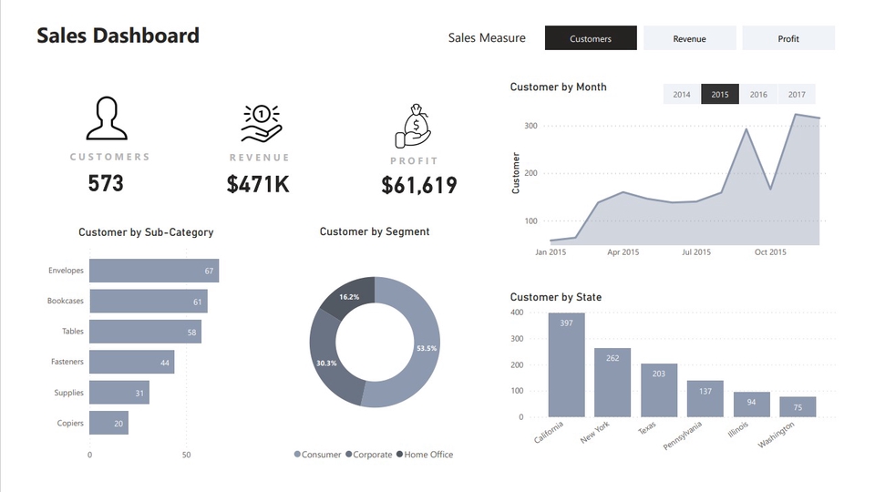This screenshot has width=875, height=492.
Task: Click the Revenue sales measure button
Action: click(x=689, y=38)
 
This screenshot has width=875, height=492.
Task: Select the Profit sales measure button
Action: click(x=788, y=38)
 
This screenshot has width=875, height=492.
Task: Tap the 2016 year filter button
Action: click(x=758, y=94)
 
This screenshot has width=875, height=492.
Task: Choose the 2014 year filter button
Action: click(x=682, y=94)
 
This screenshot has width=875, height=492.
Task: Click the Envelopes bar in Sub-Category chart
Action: click(x=153, y=271)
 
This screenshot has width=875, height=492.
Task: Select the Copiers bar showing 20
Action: click(x=108, y=423)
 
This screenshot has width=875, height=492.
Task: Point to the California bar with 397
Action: click(x=566, y=364)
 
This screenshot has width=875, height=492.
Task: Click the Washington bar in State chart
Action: click(x=798, y=406)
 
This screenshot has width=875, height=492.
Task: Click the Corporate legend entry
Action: click(x=368, y=455)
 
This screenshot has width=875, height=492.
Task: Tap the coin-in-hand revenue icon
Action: click(x=261, y=123)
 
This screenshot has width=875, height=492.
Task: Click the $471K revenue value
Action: click(x=258, y=184)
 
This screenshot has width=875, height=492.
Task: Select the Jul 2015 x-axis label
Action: click(x=695, y=252)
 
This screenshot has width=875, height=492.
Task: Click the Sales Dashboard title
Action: click(x=118, y=36)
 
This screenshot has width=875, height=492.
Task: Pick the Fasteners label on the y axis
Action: click(x=67, y=363)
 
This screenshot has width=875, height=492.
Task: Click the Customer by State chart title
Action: click(x=555, y=297)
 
